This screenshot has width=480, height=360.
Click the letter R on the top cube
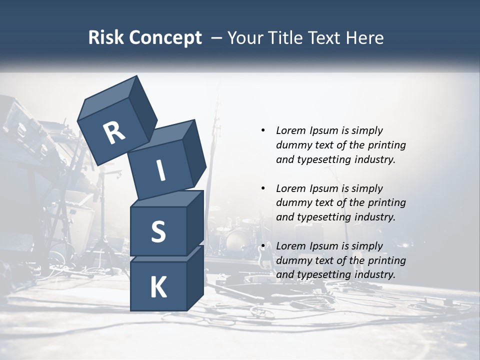click(114, 133)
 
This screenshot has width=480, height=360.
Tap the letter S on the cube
click(158, 232)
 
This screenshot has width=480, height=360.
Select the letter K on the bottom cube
click(158, 287)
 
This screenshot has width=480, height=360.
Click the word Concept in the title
click(164, 37)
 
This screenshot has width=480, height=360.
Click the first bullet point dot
click(263, 130)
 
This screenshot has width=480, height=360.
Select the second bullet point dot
click(263, 188)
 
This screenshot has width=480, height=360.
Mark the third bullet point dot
click(263, 246)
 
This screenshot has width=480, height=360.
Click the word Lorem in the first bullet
click(290, 130)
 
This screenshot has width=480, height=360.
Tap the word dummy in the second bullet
click(292, 203)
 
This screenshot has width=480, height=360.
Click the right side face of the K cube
click(195, 280)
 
